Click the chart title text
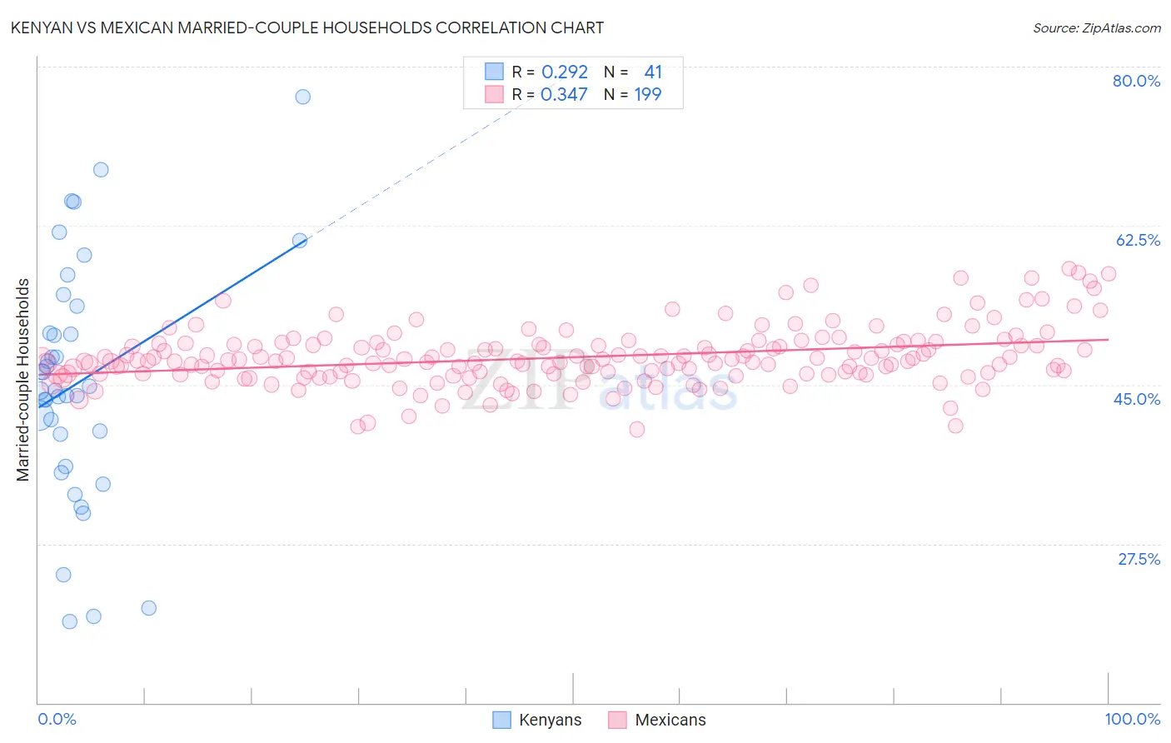tap(307, 27)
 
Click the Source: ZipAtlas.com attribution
tap(1096, 27)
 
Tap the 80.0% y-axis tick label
tap(1136, 81)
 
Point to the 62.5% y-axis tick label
tap(1137, 240)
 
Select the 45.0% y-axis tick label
tap(1137, 399)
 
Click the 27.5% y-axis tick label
tap(1139, 559)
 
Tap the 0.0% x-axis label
tap(57, 719)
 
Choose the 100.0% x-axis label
tap(1132, 719)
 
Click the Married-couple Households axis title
tap(23, 379)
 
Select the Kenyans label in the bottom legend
tap(550, 720)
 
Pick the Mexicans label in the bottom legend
tap(670, 720)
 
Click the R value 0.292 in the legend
tap(565, 72)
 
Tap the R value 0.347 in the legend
tap(564, 95)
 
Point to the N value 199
tap(647, 95)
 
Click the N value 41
tap(653, 72)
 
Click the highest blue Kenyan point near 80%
tap(302, 97)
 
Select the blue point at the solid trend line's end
tap(300, 241)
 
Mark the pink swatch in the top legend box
tap(494, 94)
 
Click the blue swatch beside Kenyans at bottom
tap(501, 720)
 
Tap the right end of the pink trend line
tap(1108, 339)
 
